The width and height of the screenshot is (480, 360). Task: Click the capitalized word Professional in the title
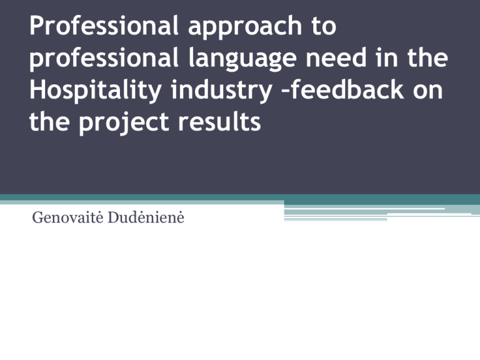(x=104, y=26)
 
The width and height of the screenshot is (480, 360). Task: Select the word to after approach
(x=324, y=27)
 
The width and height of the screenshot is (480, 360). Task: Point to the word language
(x=242, y=59)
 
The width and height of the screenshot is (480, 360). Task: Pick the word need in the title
(x=336, y=57)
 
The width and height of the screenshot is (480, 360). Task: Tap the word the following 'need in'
(x=427, y=57)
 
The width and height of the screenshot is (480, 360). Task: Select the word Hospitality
(x=96, y=91)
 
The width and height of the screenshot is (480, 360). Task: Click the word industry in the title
(x=222, y=91)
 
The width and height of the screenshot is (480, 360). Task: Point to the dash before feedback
(x=285, y=91)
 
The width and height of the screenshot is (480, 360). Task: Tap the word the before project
(x=49, y=121)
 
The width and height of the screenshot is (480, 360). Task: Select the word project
(x=124, y=123)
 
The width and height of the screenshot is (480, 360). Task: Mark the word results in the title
(x=219, y=121)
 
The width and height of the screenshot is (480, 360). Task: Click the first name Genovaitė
(x=67, y=217)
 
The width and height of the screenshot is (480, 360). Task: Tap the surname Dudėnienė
(x=146, y=217)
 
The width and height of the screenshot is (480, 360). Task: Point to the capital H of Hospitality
(x=36, y=89)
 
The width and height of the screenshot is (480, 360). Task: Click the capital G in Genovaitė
(x=37, y=217)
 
